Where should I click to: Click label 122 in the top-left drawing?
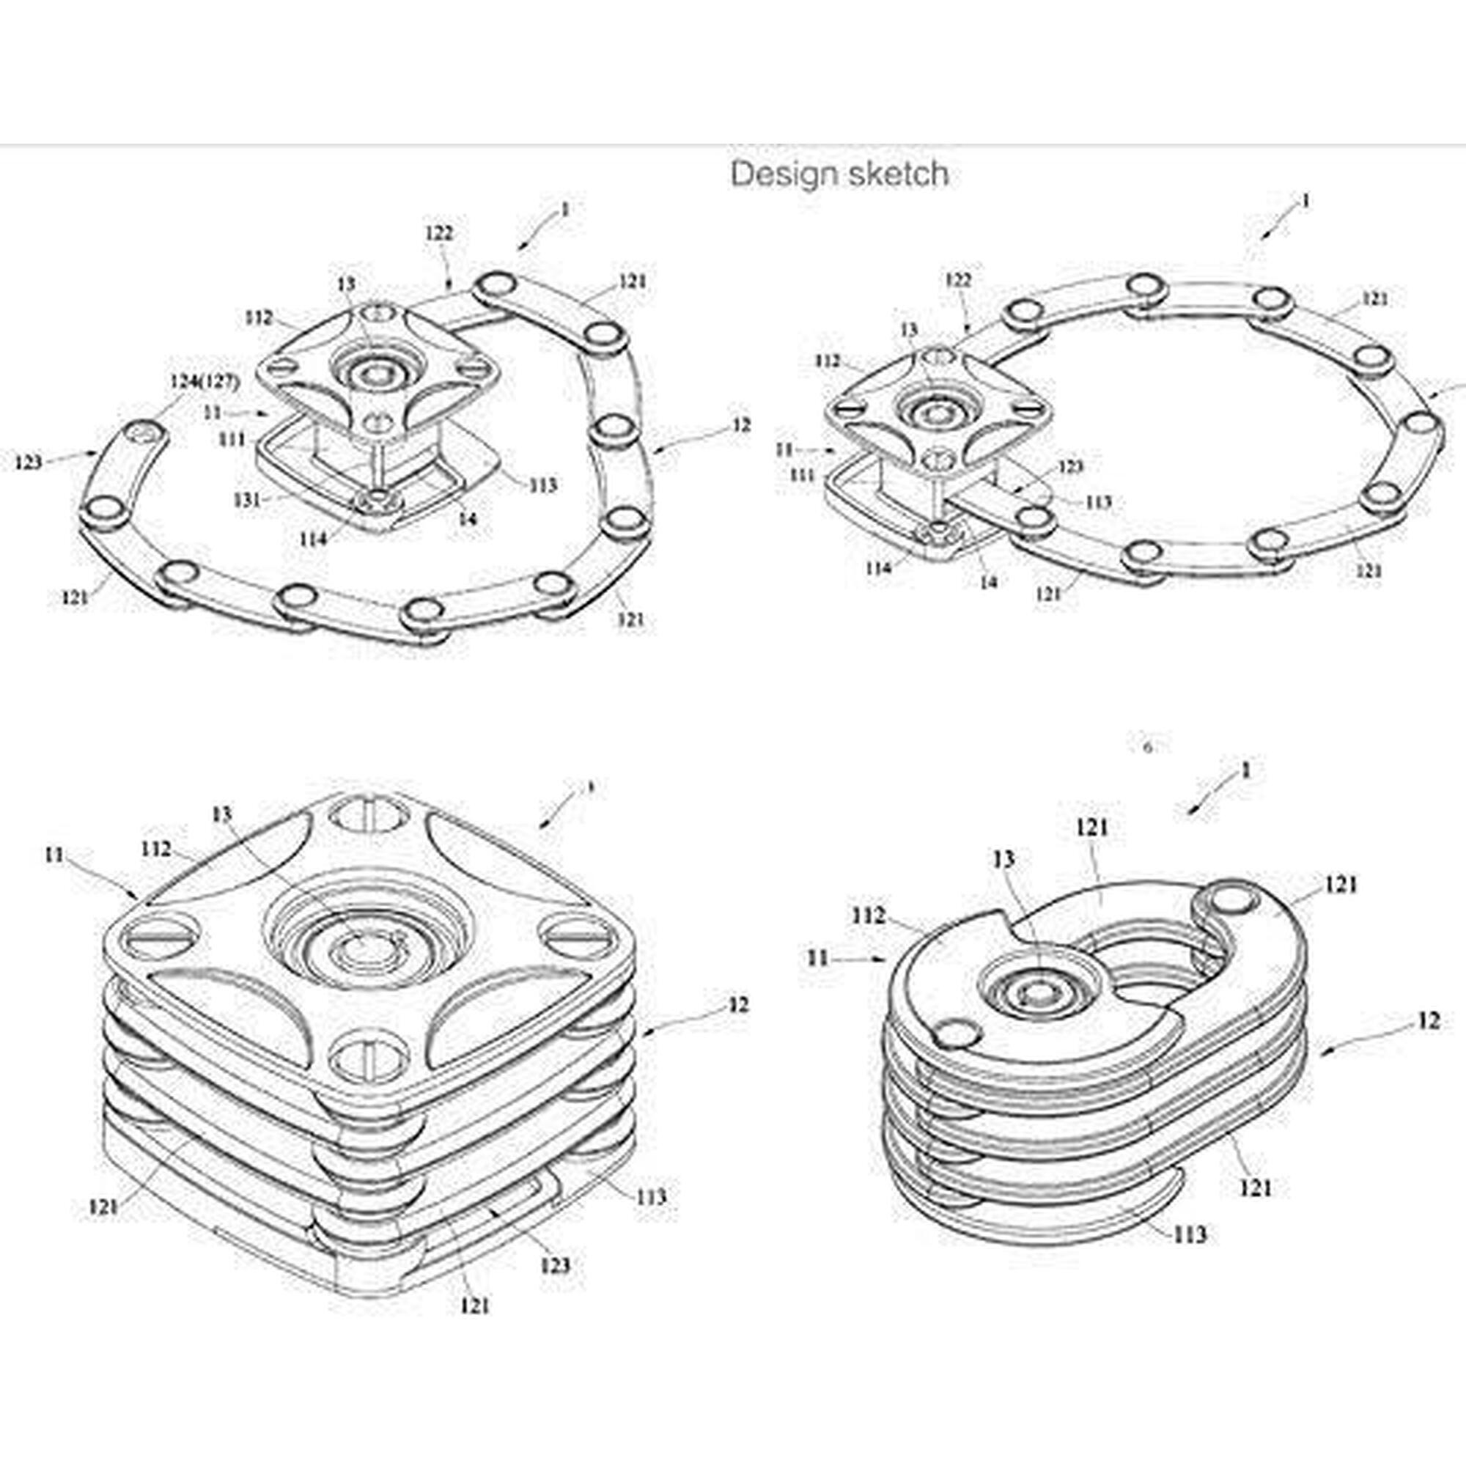click(439, 233)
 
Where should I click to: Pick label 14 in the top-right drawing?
click(988, 582)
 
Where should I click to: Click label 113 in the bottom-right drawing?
click(1189, 1235)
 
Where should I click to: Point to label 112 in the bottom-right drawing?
click(868, 916)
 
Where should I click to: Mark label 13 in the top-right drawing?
click(909, 330)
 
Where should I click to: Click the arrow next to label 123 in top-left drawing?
click(73, 457)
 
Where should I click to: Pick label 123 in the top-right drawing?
click(1070, 466)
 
